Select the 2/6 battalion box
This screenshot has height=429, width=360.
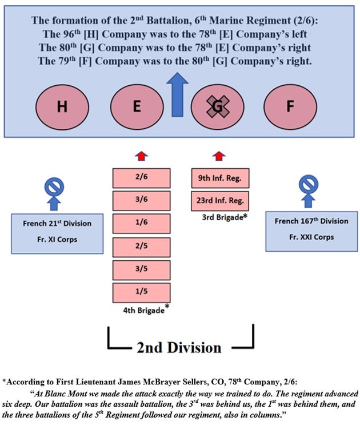[142, 178]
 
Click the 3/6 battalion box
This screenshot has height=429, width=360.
[142, 201]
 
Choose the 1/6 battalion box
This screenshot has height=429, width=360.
[142, 224]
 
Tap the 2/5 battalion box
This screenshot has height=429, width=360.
[142, 247]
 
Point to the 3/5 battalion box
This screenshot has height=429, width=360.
[142, 269]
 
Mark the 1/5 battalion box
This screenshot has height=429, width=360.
[142, 292]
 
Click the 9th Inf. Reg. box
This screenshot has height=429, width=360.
[220, 178]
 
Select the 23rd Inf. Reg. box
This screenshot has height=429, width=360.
[220, 200]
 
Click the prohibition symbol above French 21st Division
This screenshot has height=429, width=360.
[54, 186]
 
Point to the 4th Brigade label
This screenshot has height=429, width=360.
[142, 310]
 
